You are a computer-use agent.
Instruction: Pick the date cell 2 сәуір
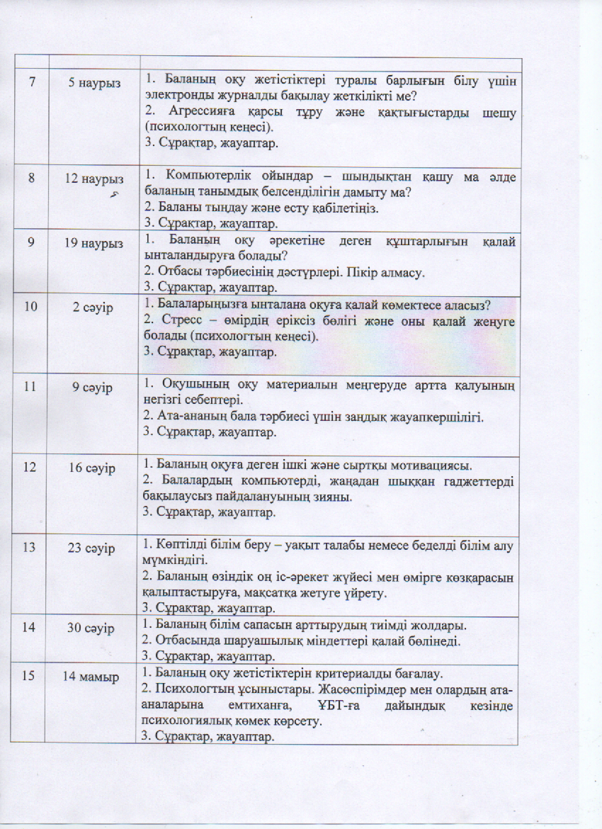click(x=93, y=308)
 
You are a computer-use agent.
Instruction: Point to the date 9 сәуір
click(x=93, y=388)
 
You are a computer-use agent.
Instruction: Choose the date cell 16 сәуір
click(x=93, y=466)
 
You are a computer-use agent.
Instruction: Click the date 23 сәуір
click(x=93, y=547)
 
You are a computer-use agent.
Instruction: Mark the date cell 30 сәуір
click(x=93, y=628)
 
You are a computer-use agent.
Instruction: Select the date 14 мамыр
click(x=91, y=676)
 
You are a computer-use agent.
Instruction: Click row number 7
click(x=32, y=82)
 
